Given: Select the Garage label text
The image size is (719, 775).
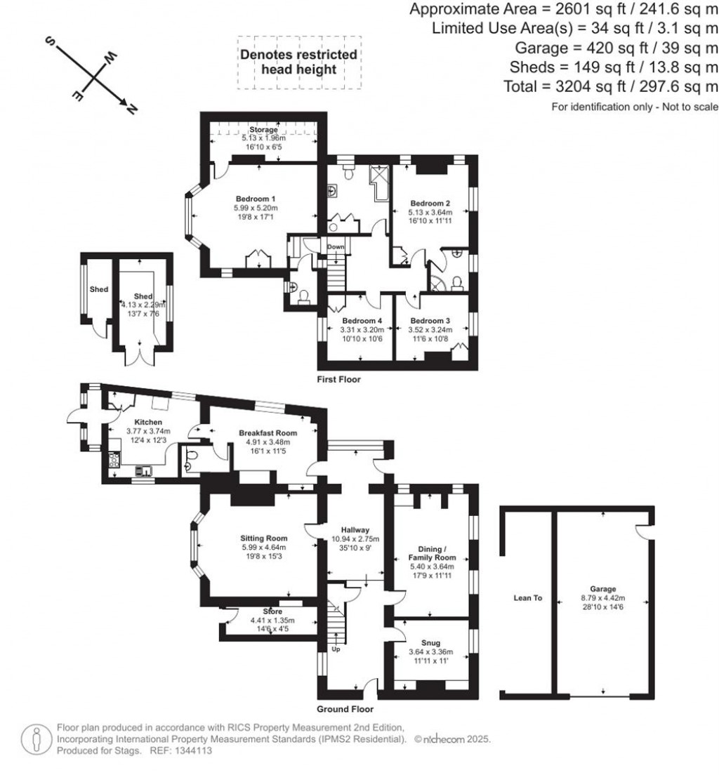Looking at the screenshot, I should pos(603,589).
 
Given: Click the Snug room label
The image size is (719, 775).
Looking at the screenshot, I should pos(431,642).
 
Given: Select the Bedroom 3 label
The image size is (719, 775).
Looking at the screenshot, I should pos(430,320).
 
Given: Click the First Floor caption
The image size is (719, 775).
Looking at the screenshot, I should pos(338,379).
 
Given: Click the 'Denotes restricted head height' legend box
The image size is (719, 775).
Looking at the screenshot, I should pos(298,62).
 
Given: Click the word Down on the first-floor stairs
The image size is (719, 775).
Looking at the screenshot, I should pos(336,247).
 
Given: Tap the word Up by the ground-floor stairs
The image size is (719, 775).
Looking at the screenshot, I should pos(336,650).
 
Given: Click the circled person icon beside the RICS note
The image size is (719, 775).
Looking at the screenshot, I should pos(34,739).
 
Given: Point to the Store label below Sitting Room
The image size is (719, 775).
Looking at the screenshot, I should pos(272,611).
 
